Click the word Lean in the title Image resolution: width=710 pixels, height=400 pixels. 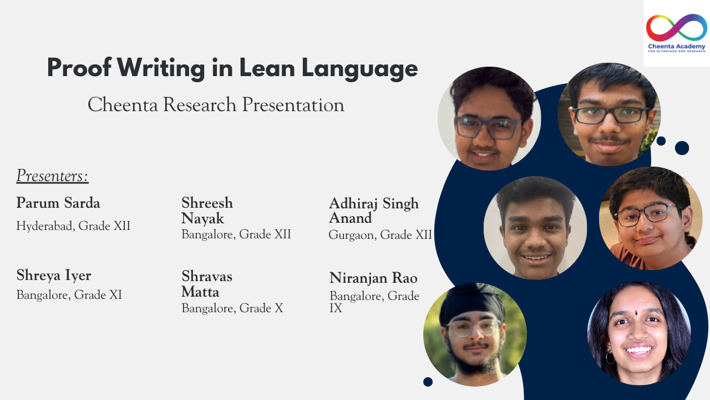click(267, 68)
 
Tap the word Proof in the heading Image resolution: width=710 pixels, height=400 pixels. click(79, 67)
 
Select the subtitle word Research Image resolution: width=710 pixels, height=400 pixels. click(200, 105)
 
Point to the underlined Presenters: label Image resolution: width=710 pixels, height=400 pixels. click(52, 176)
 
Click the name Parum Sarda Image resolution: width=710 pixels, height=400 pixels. click(58, 203)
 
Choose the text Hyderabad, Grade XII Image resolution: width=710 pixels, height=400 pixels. click(73, 226)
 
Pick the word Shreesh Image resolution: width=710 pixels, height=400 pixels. click(207, 203)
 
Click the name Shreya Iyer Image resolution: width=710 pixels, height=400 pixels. click(54, 276)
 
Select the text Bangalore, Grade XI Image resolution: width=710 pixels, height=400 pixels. click(69, 295)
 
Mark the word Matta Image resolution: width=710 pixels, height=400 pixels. click(200, 292)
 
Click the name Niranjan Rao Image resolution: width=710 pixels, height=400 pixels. click(373, 278)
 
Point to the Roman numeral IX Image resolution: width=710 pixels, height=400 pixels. click(336, 308)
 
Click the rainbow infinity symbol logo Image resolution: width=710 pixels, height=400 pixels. click(676, 27)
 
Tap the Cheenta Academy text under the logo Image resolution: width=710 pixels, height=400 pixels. click(676, 47)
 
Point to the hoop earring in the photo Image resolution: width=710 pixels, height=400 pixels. click(610, 358)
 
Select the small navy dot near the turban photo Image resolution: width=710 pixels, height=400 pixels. click(428, 382)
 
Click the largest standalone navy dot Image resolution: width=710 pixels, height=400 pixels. click(682, 148)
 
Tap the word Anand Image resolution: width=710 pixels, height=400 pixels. click(350, 218)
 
